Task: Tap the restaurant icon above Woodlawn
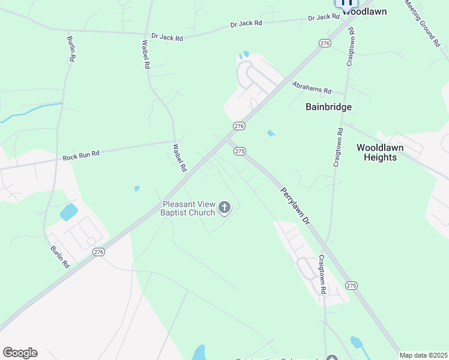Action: click(346, 2)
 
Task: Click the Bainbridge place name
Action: click(328, 107)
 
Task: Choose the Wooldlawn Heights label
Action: click(380, 152)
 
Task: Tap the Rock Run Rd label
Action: click(81, 156)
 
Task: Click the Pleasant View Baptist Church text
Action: click(188, 208)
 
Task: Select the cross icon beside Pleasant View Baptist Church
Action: click(224, 208)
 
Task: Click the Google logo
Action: click(20, 353)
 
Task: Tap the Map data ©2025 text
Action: click(423, 355)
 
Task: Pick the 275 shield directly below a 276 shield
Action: click(240, 151)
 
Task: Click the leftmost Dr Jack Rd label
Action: click(167, 37)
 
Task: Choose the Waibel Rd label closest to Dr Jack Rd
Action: click(145, 55)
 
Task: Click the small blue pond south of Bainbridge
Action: click(270, 133)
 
